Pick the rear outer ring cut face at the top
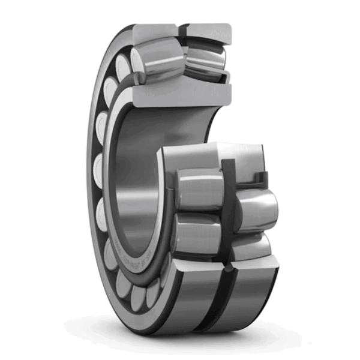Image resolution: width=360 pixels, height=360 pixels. pyautogui.click(x=207, y=31)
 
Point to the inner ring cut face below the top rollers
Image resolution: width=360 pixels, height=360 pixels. pyautogui.click(x=180, y=96)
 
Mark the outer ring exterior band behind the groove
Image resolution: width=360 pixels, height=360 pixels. pyautogui.click(x=252, y=300)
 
